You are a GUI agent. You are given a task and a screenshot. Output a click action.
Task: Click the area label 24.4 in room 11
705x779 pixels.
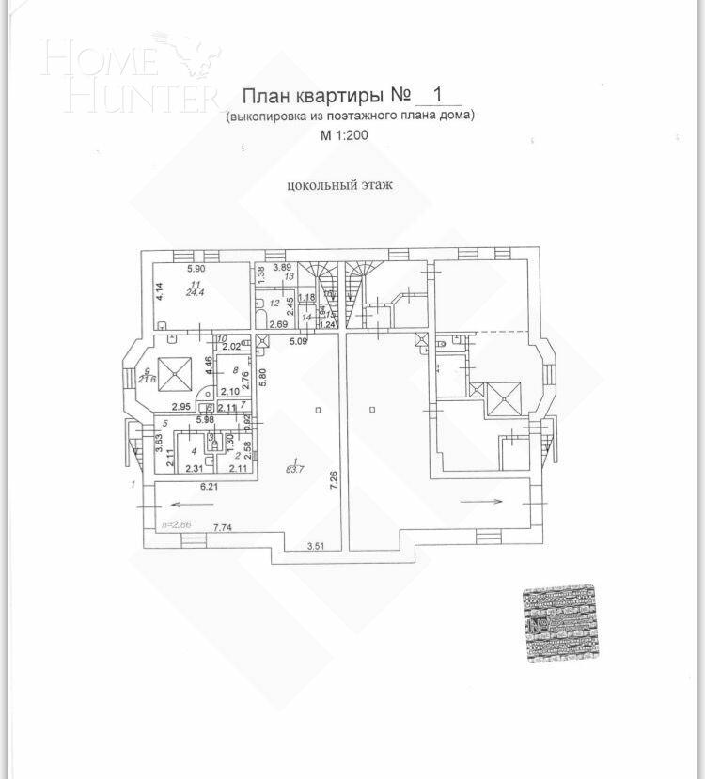tap(169, 291)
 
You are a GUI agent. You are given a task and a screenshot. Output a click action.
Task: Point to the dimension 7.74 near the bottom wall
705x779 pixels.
tap(224, 527)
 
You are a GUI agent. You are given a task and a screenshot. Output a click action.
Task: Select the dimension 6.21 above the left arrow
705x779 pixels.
tap(209, 487)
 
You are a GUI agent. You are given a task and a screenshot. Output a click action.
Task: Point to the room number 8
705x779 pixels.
tap(222, 371)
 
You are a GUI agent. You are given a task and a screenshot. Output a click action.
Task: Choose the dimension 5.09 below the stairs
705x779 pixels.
tap(299, 340)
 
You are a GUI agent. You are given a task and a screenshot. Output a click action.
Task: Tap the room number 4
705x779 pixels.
tap(193, 451)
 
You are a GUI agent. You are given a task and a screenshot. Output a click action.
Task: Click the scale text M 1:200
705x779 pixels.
tap(344, 136)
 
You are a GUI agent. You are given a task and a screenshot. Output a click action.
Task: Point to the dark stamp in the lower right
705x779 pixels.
tap(561, 623)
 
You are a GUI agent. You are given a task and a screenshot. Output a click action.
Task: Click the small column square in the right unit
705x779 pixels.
tap(371, 410)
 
